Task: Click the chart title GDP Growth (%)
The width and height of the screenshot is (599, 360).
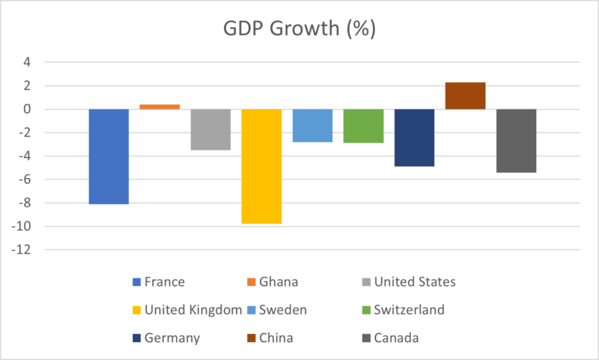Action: point(299,31)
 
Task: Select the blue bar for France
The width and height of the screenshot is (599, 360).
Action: point(109,156)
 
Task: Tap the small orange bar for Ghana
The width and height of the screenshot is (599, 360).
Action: point(159,106)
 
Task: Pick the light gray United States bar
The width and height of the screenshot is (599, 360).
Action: point(210,129)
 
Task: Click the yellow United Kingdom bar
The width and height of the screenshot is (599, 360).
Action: point(261,166)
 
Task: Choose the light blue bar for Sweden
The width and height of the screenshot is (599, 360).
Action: point(312,126)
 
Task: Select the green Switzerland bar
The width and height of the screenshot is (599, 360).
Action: point(363,126)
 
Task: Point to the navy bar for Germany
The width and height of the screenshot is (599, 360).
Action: point(414,138)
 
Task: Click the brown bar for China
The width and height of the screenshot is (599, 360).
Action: point(465,96)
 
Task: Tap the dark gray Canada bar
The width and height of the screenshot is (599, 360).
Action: point(516,141)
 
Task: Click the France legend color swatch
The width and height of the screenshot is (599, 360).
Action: point(136,282)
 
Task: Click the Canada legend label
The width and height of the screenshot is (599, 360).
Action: point(396,338)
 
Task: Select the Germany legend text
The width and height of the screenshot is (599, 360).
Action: point(174,338)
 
